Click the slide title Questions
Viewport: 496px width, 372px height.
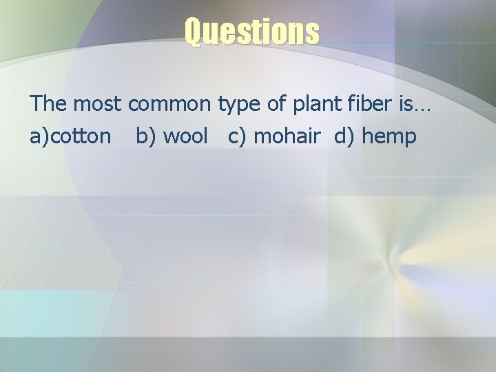[x=251, y=31]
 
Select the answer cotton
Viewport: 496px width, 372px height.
[x=81, y=136]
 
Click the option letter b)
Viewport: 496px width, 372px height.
[x=145, y=136]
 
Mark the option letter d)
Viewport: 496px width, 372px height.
[x=344, y=136]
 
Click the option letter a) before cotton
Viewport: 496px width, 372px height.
[x=39, y=136]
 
